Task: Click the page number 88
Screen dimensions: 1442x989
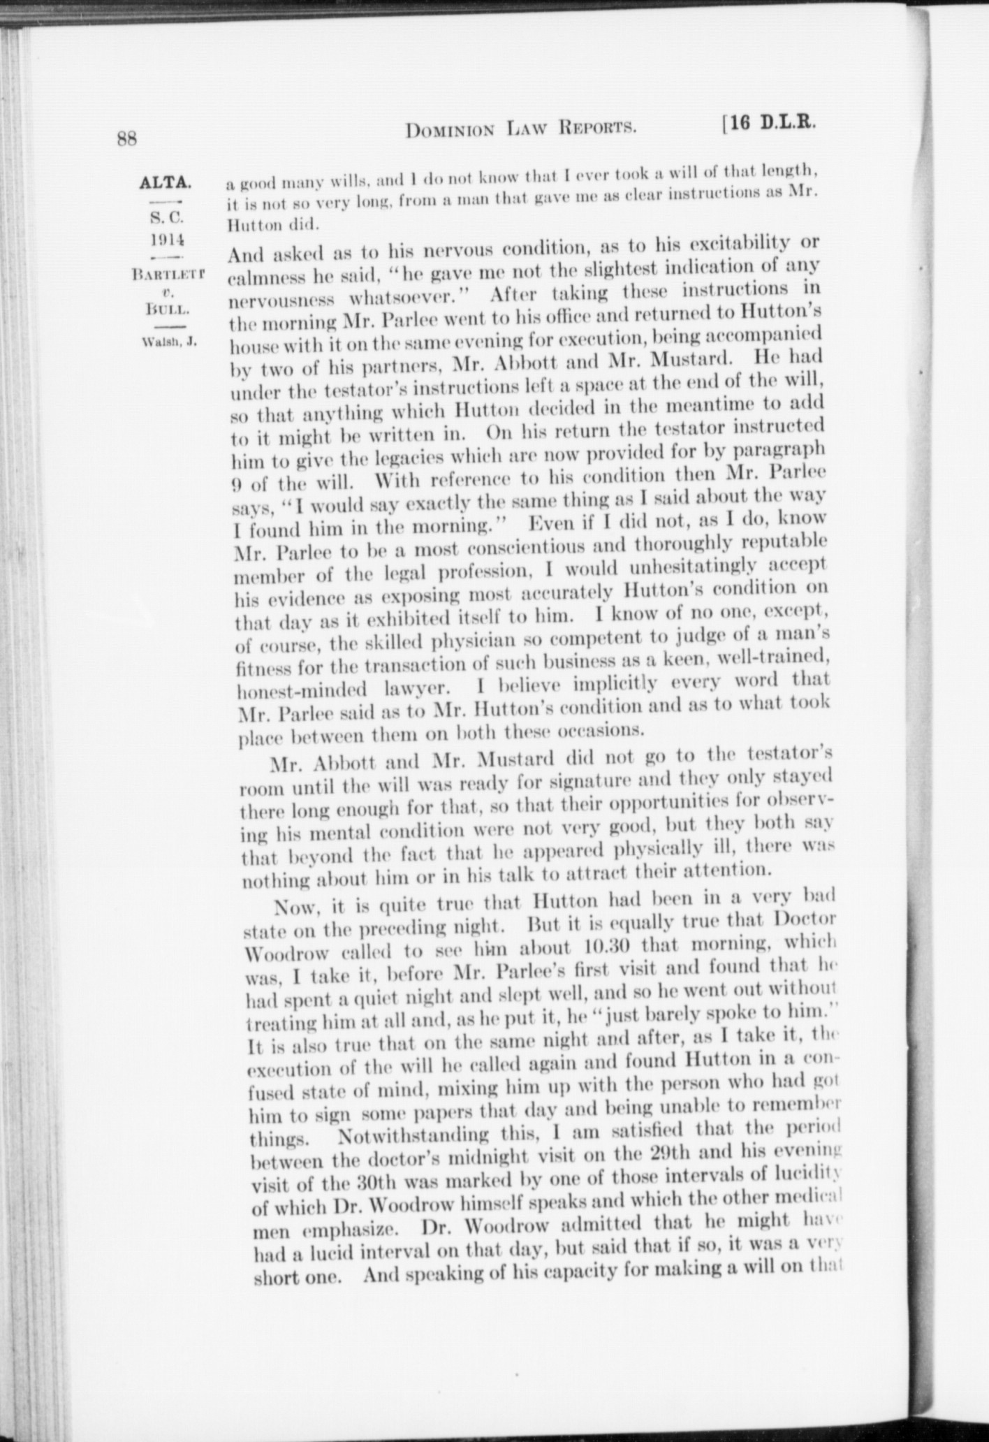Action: (126, 138)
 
